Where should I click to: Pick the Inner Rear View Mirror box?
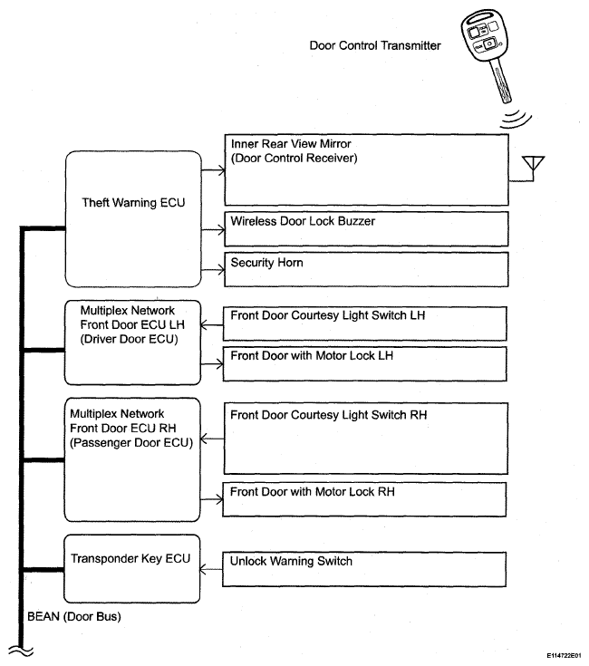[x=364, y=169]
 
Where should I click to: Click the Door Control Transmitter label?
[x=375, y=44]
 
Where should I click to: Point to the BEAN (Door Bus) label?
[x=68, y=617]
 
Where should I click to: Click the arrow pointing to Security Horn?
[x=212, y=270]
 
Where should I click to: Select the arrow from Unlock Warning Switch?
[x=212, y=569]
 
